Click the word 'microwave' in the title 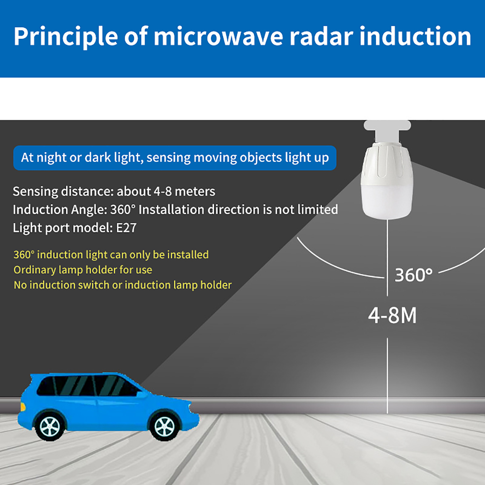219,36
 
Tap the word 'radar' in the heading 322,36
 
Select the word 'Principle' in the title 66,37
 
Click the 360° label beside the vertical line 413,275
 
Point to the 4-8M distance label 393,316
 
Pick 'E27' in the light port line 126,228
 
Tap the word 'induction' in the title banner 415,36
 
